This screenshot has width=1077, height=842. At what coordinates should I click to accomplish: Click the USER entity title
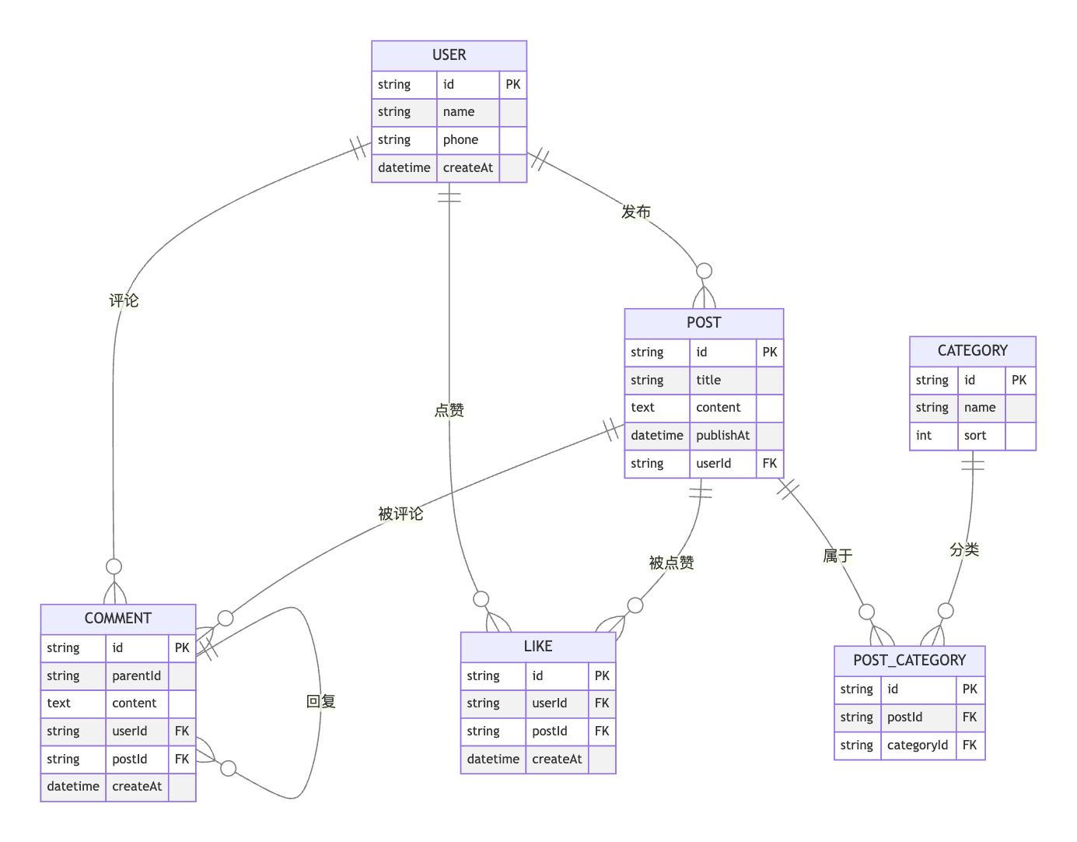click(x=449, y=55)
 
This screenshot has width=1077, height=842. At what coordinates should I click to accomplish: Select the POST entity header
click(x=704, y=323)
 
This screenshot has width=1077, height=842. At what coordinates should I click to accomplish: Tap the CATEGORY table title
click(x=972, y=351)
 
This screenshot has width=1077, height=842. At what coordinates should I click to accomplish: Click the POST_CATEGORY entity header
click(x=909, y=661)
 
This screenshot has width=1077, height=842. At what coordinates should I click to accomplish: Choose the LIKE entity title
click(x=537, y=647)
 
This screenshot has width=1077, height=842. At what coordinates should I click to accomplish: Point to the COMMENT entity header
click(x=117, y=619)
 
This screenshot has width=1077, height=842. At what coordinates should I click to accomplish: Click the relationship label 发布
click(x=635, y=212)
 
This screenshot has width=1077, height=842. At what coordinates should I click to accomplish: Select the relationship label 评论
click(x=124, y=300)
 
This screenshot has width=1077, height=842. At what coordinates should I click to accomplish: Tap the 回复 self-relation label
click(x=320, y=701)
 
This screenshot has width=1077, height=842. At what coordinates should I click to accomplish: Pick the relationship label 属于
click(x=837, y=556)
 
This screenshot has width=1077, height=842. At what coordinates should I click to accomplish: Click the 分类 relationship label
click(x=963, y=549)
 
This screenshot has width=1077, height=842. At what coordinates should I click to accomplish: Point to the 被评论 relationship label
click(x=400, y=514)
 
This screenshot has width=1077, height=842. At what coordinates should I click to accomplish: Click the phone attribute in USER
click(x=460, y=140)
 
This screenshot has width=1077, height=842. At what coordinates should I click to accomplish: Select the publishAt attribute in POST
click(x=722, y=436)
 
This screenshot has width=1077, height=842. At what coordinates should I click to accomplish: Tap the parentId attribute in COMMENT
click(x=136, y=676)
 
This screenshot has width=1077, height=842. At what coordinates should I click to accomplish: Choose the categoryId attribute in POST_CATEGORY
click(x=917, y=746)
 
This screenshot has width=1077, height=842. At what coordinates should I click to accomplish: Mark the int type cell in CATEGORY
click(x=924, y=436)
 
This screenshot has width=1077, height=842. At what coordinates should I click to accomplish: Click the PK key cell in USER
click(x=512, y=85)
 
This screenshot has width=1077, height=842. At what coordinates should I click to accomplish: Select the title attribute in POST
click(x=708, y=381)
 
